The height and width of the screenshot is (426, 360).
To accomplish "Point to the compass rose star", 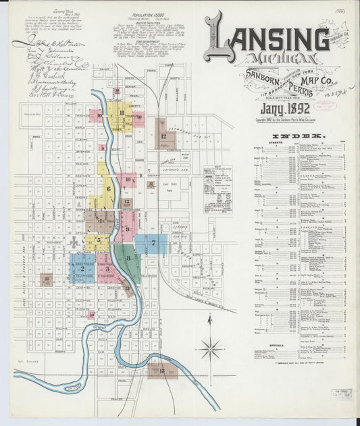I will click(x=211, y=349).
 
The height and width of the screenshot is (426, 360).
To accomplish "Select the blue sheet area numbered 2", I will click(x=82, y=269).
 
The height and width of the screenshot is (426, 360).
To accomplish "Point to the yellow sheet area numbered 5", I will click(x=98, y=240).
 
